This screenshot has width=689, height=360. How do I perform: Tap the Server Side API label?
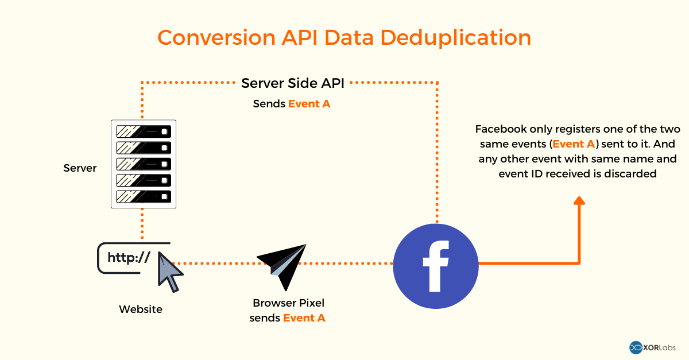pyautogui.click(x=293, y=83)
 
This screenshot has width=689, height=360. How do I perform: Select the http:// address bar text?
pyautogui.click(x=129, y=258)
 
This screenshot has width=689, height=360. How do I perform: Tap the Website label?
pyautogui.click(x=141, y=309)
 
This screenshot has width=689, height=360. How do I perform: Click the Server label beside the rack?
pyautogui.click(x=80, y=168)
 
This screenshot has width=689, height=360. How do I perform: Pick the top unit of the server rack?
pyautogui.click(x=143, y=131)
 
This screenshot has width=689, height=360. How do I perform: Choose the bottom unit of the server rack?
pyautogui.click(x=143, y=196)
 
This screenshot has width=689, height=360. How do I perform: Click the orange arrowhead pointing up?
pyautogui.click(x=579, y=200)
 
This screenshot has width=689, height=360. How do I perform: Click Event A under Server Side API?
pyautogui.click(x=309, y=104)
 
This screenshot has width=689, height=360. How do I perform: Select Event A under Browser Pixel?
pyautogui.click(x=304, y=318)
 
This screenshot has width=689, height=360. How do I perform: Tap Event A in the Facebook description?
pyautogui.click(x=573, y=144)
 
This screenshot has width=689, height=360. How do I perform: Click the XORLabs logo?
pyautogui.click(x=653, y=347)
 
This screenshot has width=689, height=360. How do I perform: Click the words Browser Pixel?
pyautogui.click(x=292, y=303)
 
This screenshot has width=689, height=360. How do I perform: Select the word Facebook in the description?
pyautogui.click(x=498, y=129)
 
